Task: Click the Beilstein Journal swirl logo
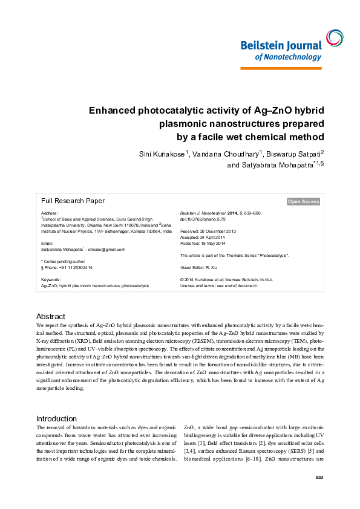[x=333, y=38]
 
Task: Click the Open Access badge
[x=303, y=201]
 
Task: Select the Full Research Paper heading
[x=73, y=201]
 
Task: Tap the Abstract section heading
[x=51, y=317]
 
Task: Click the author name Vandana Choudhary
[x=224, y=154]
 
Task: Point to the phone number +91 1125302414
[x=68, y=267]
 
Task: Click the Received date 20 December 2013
[x=208, y=231]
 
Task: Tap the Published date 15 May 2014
[x=203, y=243]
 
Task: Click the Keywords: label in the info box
[x=51, y=280]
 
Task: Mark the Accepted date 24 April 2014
[x=203, y=237]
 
